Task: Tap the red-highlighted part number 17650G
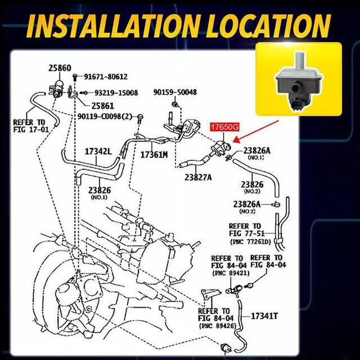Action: pos(226,128)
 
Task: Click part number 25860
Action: pos(60,68)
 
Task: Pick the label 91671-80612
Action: pos(106,77)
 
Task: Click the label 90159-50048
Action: pos(175,92)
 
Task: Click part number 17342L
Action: pos(99,151)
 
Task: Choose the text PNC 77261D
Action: pos(250,241)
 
